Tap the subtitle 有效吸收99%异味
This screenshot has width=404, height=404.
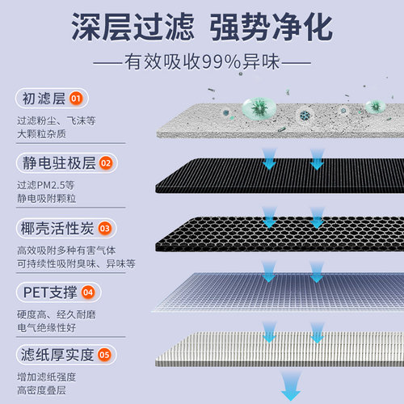[x=202, y=61]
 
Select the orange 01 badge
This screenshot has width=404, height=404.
[x=76, y=99]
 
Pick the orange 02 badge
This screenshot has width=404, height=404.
[x=106, y=163]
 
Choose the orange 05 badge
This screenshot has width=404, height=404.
[x=105, y=354]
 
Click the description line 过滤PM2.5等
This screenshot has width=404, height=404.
[x=45, y=184]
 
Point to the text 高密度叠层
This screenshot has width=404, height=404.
[x=45, y=391]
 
